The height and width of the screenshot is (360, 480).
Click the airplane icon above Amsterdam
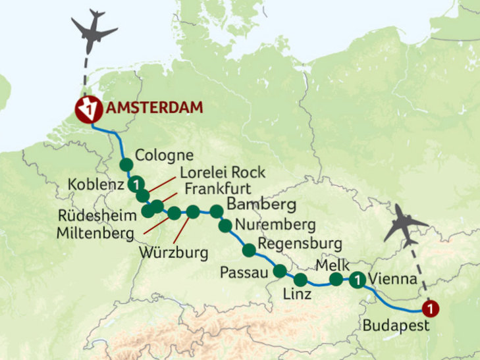point(93,30)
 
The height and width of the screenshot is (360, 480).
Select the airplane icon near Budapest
point(406,224)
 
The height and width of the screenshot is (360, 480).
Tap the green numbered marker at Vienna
point(357,280)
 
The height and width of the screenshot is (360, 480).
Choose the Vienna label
point(393,279)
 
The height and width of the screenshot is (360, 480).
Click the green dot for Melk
point(336,280)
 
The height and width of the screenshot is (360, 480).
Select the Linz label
point(298,294)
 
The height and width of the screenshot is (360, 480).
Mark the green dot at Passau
point(280,270)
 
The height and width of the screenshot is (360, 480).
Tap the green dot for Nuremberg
point(225,226)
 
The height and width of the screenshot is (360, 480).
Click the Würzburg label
point(174,251)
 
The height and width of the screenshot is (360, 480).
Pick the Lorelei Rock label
point(223,172)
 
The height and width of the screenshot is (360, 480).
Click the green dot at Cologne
point(126,165)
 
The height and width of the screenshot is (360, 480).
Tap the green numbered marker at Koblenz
point(136,184)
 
